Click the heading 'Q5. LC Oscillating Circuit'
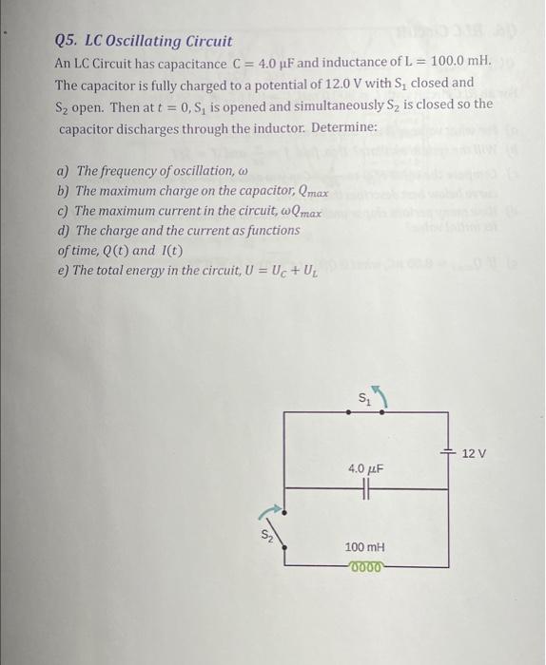click(x=144, y=41)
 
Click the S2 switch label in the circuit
click(x=267, y=536)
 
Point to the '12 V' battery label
click(x=474, y=453)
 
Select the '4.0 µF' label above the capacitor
click(x=365, y=469)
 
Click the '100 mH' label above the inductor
click(x=365, y=548)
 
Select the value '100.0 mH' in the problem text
click(x=460, y=62)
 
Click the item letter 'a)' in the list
click(x=64, y=170)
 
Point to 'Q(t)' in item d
click(x=116, y=251)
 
